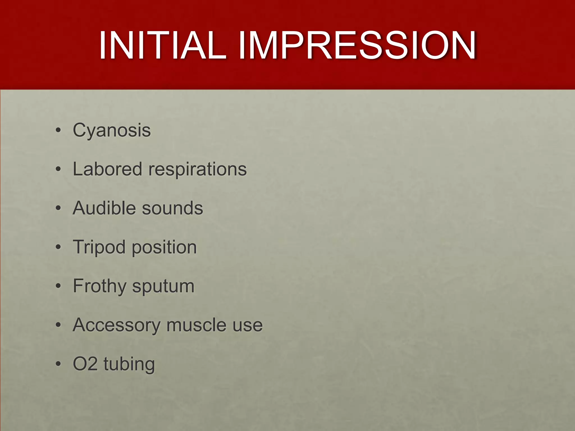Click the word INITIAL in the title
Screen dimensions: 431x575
click(x=162, y=45)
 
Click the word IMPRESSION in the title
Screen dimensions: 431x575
click(x=357, y=45)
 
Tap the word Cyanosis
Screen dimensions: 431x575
click(x=112, y=131)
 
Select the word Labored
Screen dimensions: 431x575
click(x=107, y=169)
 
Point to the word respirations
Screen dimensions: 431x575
click(x=197, y=170)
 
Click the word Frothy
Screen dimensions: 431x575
click(x=99, y=286)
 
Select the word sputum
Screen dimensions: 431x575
click(x=163, y=286)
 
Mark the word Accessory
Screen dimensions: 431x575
click(x=116, y=325)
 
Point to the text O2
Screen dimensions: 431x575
click(x=85, y=364)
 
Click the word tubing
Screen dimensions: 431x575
click(x=129, y=364)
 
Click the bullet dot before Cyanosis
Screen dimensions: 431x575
click(x=58, y=131)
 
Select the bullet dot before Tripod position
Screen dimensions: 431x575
click(x=58, y=247)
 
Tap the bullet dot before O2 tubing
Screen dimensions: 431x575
click(x=58, y=364)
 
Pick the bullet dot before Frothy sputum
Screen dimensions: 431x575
click(x=58, y=286)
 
